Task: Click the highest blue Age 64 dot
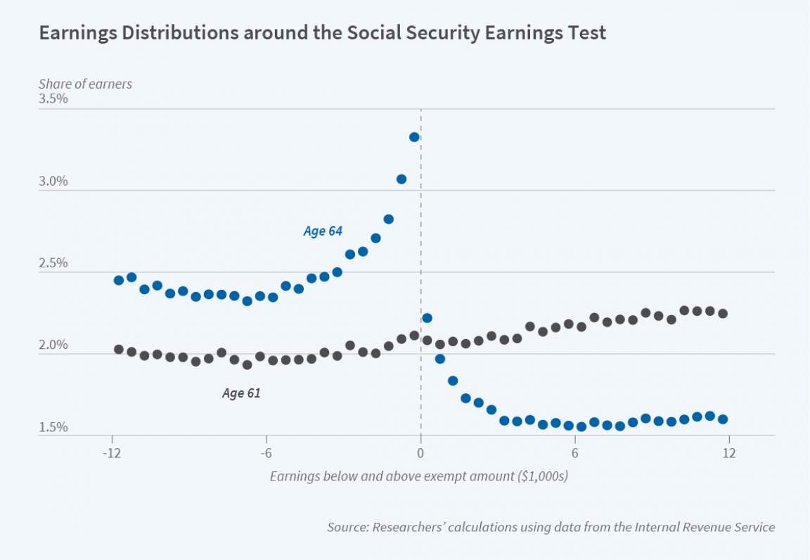[414, 137]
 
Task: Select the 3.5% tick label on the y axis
[53, 99]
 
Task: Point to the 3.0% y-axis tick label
[53, 182]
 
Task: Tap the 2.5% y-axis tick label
[53, 264]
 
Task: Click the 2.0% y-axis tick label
[53, 345]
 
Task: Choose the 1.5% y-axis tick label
[53, 428]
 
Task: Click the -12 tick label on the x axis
[112, 454]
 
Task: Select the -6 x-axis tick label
[266, 454]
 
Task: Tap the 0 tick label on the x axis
[420, 454]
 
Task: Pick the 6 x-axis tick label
[574, 454]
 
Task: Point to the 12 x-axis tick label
[729, 454]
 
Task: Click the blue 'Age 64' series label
[323, 231]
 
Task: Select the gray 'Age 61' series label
[241, 393]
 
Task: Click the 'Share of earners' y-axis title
[85, 84]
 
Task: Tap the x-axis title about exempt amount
[419, 476]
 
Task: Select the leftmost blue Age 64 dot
[119, 280]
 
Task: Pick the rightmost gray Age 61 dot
[723, 314]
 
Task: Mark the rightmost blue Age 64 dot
[723, 419]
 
